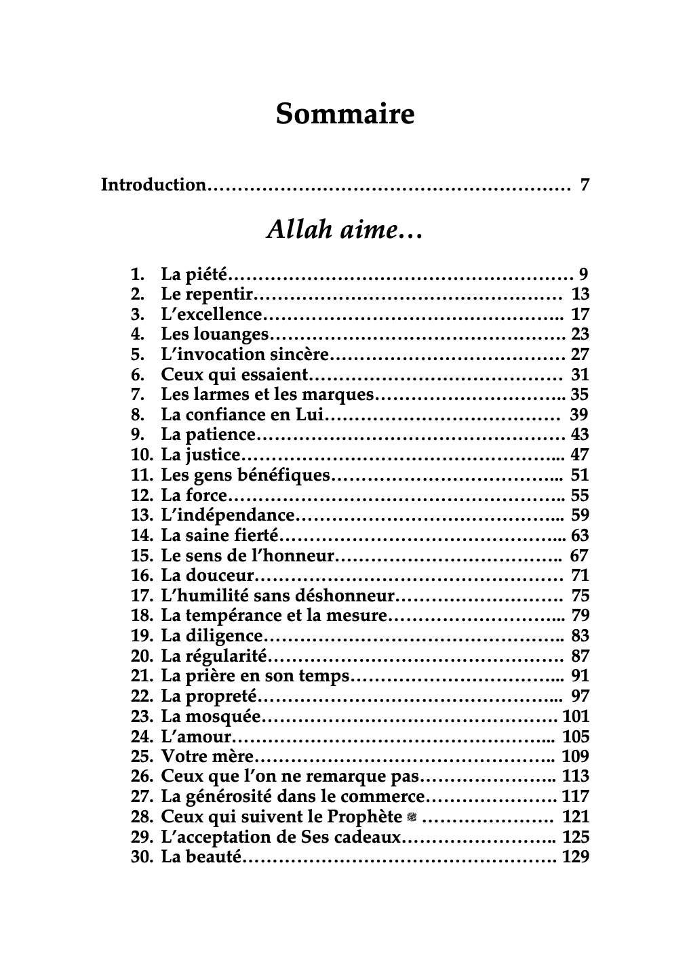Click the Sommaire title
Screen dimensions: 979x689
(x=344, y=114)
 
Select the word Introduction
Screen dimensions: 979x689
(x=153, y=184)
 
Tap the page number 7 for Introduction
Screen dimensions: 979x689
(x=585, y=184)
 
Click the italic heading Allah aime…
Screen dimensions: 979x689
(x=344, y=231)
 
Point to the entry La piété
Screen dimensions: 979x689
(x=195, y=275)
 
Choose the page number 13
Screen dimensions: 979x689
(x=580, y=294)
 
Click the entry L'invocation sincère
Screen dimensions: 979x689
(x=245, y=355)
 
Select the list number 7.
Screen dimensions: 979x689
(x=138, y=395)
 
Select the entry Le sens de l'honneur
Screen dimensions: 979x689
(x=248, y=556)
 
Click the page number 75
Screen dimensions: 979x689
(x=580, y=596)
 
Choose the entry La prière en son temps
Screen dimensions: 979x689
(x=255, y=676)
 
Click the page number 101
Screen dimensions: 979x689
(x=576, y=717)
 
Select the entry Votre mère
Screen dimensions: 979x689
(x=207, y=757)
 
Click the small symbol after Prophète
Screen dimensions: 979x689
(x=411, y=818)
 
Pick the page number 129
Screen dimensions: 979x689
(x=576, y=857)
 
